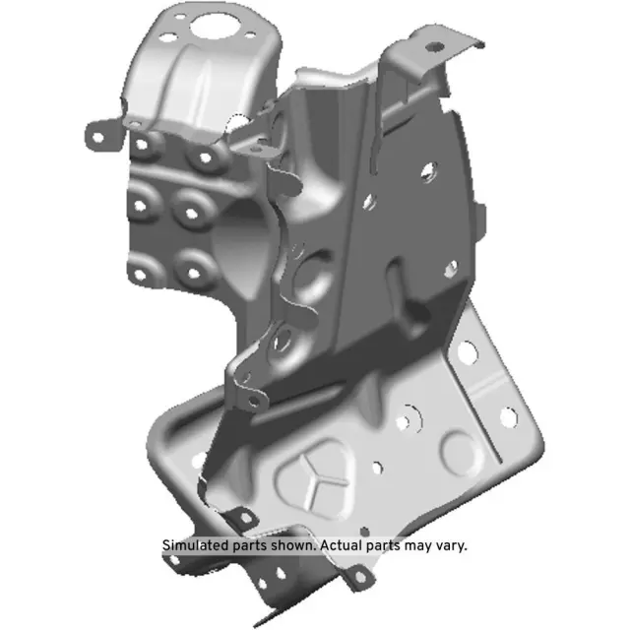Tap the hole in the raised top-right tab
pos(430,43)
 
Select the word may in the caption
pos(416,545)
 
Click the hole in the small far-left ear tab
pos(98,128)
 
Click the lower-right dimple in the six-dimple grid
pos(190,264)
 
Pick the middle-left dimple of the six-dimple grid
pos(142,207)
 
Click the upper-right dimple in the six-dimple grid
pos(205,155)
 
